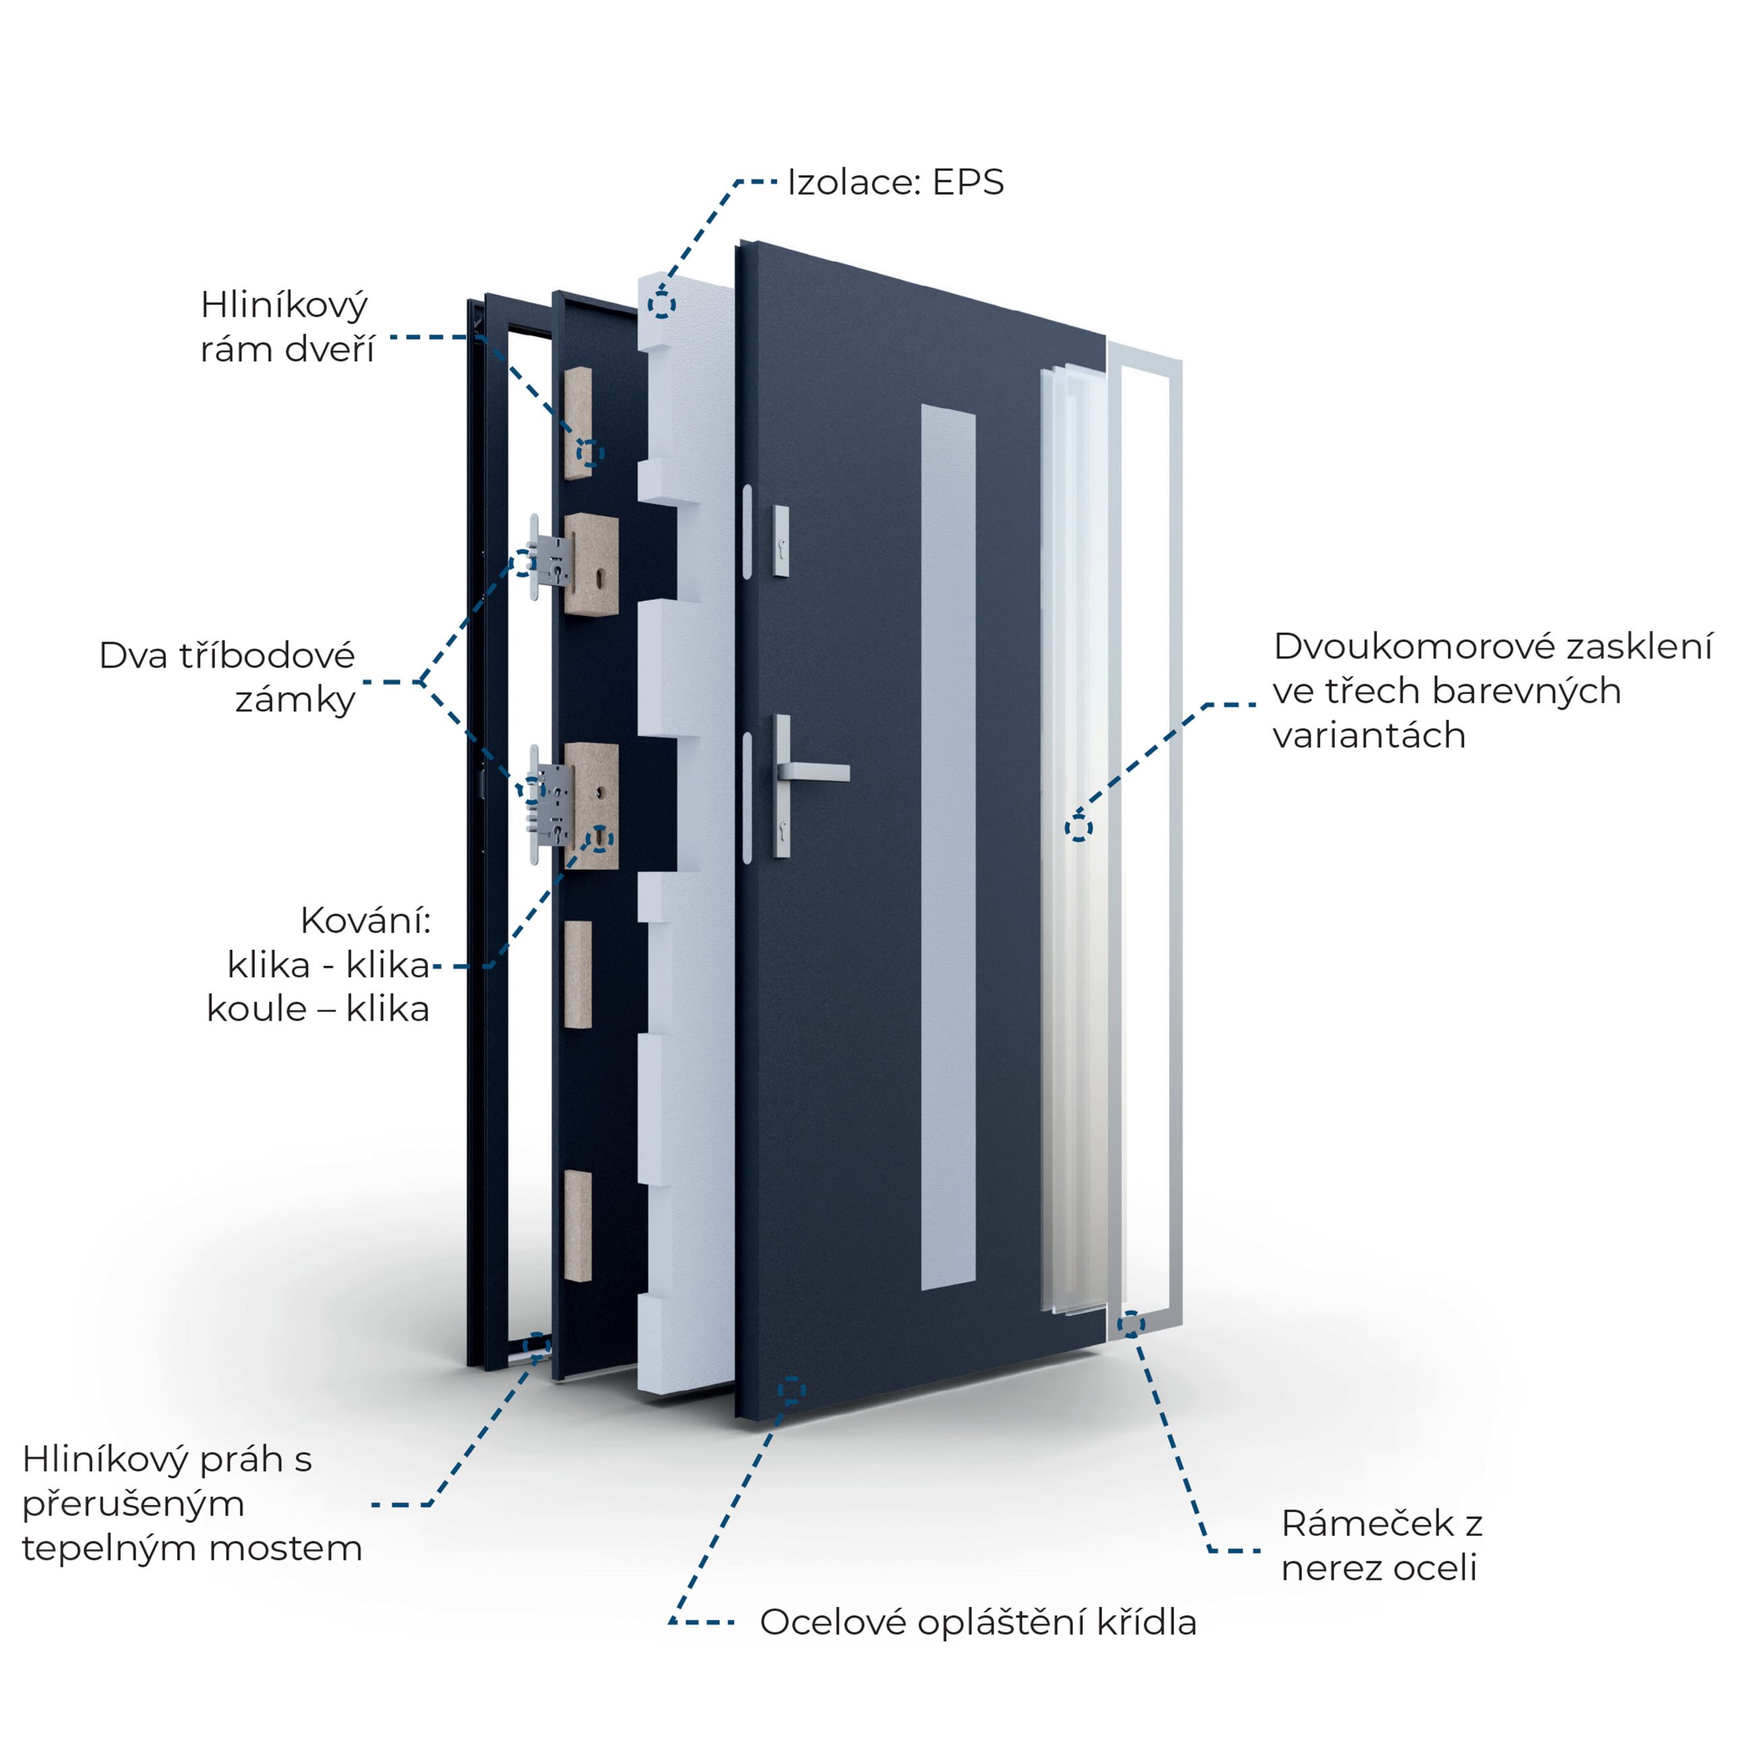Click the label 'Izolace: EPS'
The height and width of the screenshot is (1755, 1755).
895,182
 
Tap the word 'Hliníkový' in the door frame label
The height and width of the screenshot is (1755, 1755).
283,305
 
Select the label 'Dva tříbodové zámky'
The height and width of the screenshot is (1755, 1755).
227,678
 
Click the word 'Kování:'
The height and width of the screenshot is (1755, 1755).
365,921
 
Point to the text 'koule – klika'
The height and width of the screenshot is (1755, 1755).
318,1008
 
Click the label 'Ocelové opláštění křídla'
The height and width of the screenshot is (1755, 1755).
977,1621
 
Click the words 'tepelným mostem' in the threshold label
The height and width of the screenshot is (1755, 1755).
192,1547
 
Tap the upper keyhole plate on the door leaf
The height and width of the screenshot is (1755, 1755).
781,541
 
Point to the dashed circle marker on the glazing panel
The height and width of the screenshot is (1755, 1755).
1078,828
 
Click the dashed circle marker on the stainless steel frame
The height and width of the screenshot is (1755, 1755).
1131,1324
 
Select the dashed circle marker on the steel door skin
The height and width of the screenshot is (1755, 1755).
791,1390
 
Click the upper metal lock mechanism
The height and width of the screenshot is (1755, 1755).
552,559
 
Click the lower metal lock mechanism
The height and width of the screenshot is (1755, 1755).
551,799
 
